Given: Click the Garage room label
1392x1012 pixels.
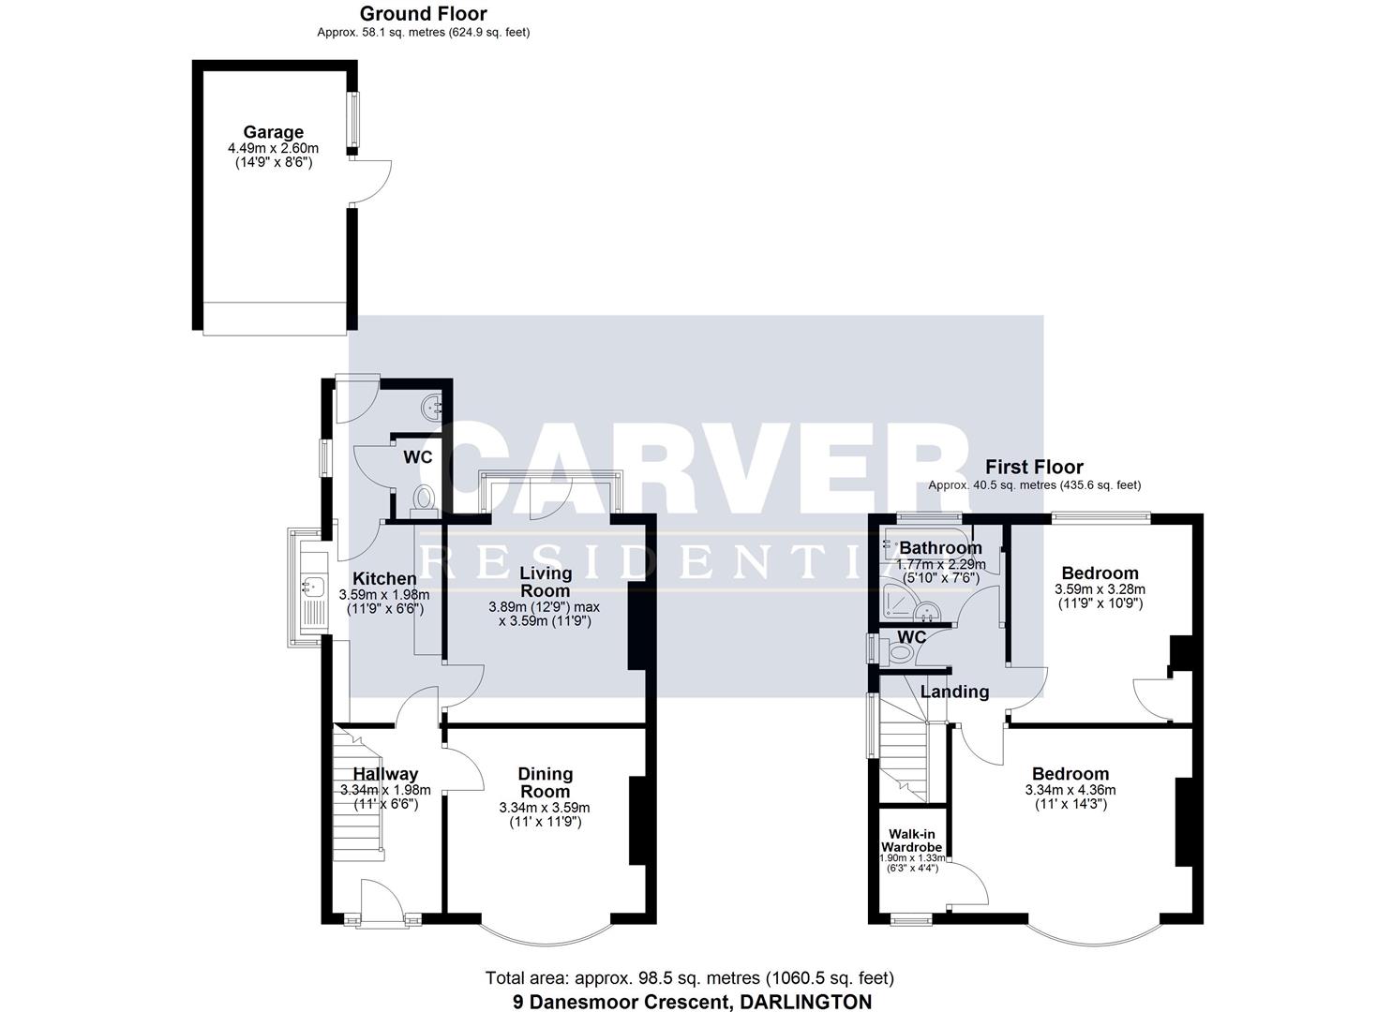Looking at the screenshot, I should point(273,132).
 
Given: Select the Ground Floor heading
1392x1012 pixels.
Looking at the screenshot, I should point(423,14).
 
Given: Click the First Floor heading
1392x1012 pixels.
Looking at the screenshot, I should point(1034,467).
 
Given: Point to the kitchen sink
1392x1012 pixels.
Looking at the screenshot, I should point(311,588).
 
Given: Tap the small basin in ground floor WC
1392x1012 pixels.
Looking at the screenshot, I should point(432,407).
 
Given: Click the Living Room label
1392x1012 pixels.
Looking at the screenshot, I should point(545,582).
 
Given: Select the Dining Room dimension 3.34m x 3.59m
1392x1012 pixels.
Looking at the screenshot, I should point(545,808).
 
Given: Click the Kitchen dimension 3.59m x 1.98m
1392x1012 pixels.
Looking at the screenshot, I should point(384,594).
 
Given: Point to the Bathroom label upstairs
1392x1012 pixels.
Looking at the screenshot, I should point(940,548).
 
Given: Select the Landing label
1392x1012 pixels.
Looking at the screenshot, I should point(954,692).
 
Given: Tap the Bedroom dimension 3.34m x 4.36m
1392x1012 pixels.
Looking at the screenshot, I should point(1070,790).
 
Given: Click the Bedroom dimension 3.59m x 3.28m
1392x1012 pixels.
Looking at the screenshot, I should point(1100,589).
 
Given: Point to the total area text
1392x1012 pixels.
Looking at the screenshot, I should point(689,978).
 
